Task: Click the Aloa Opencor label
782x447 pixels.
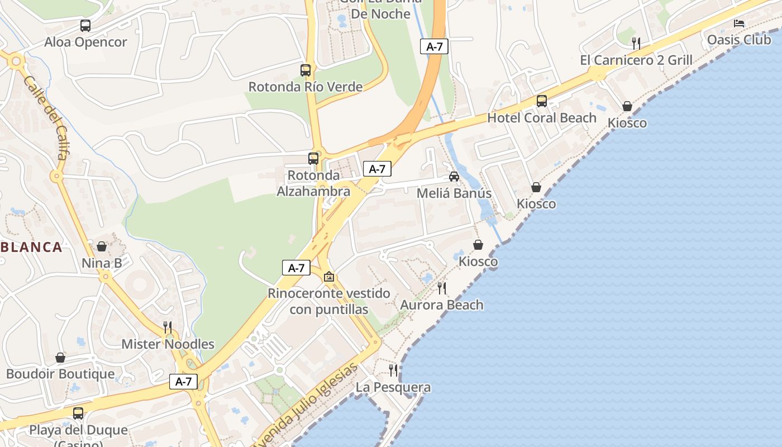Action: tap(85, 42)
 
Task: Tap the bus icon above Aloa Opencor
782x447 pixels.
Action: tap(85, 25)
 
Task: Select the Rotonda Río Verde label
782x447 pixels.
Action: tap(306, 87)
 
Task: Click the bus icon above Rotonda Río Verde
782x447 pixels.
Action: tap(306, 70)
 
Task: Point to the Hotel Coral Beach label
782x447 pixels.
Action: tap(542, 118)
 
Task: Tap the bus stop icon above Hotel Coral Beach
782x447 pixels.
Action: tap(542, 101)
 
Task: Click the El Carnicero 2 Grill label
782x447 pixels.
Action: tap(636, 60)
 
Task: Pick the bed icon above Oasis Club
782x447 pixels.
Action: tap(739, 23)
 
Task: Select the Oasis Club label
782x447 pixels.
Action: tap(739, 40)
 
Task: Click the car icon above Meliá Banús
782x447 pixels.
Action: tap(454, 177)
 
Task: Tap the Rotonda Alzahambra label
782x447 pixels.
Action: tap(313, 183)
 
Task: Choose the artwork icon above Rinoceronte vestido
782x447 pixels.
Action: tap(329, 277)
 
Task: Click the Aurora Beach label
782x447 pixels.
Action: tap(442, 305)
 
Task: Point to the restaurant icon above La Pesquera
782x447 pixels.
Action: tap(393, 370)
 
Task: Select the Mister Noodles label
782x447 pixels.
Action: tap(168, 344)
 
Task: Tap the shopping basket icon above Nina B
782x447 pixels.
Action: tap(102, 246)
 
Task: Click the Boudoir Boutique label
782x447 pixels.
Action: tap(60, 374)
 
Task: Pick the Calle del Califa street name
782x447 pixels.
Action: tap(46, 117)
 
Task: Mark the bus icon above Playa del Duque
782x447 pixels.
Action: tap(78, 413)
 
